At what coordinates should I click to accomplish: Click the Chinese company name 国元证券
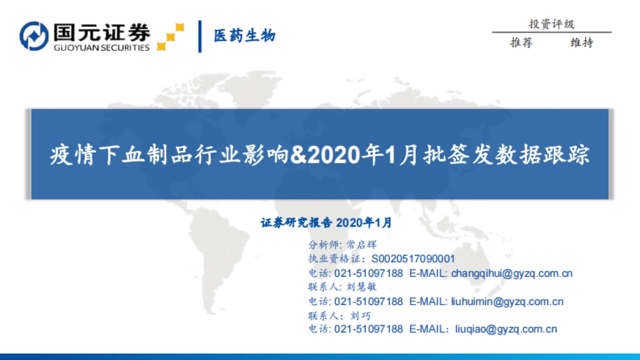[x=101, y=33]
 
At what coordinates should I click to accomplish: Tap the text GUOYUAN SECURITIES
[x=101, y=47]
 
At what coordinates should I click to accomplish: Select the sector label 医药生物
[x=245, y=36]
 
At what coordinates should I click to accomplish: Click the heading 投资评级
[x=551, y=24]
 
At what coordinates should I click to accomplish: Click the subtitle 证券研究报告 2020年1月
[x=326, y=223]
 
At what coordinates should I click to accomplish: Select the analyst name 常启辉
[x=361, y=245]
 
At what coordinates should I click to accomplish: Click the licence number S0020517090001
[x=413, y=259]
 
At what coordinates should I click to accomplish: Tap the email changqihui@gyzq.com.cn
[x=512, y=273]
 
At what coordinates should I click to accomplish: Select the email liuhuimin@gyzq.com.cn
[x=507, y=301]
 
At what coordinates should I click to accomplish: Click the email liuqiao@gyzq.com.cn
[x=506, y=329]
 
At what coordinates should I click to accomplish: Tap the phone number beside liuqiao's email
[x=369, y=329]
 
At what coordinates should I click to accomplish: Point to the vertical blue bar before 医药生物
[x=200, y=36]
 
